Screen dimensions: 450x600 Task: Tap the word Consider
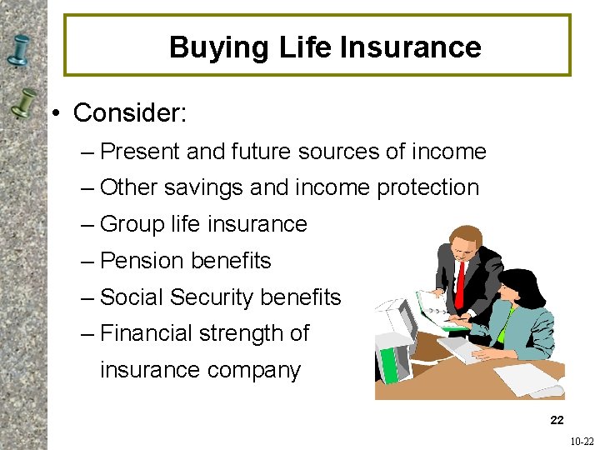pos(129,113)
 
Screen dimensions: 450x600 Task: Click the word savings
pos(203,188)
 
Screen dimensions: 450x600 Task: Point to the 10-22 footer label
pos(581,442)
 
